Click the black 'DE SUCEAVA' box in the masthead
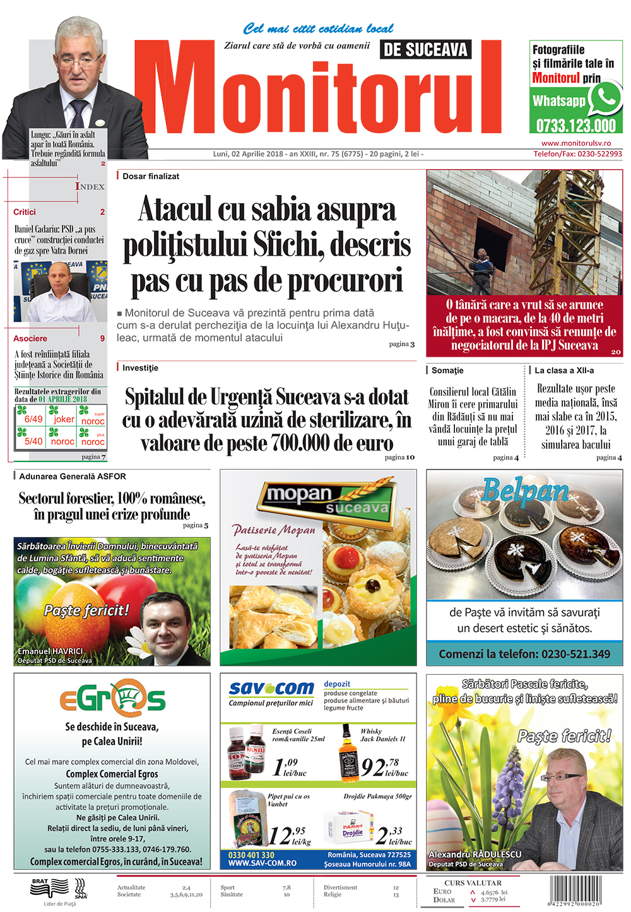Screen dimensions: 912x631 click(426, 50)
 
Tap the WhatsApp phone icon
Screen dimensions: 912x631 click(606, 99)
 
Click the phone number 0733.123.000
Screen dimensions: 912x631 click(575, 126)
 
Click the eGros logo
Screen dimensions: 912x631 click(112, 699)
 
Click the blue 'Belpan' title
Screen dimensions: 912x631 click(525, 490)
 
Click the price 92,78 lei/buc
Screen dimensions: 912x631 click(385, 767)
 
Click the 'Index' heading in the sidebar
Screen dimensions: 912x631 click(90, 187)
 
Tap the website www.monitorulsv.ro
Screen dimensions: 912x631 click(576, 143)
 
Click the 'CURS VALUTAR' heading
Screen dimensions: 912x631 click(473, 882)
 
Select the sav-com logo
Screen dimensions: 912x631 click(271, 689)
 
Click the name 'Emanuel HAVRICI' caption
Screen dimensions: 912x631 click(50, 651)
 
